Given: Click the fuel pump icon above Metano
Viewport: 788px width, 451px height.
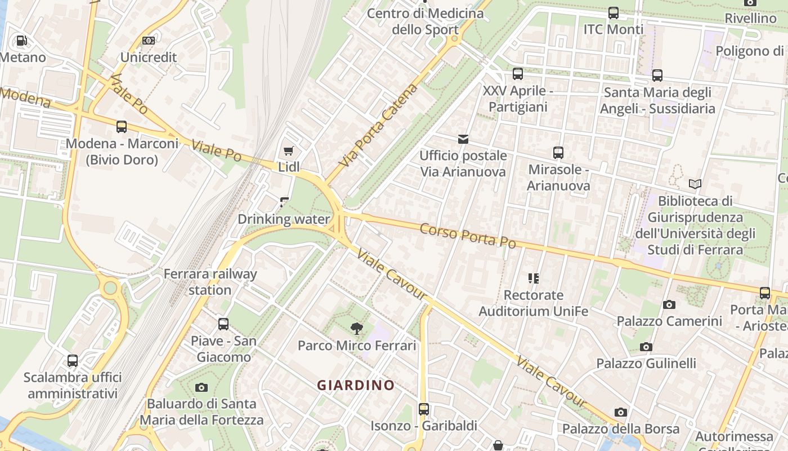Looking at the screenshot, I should point(21,41).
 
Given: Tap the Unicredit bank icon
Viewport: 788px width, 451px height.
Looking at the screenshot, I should point(149,41).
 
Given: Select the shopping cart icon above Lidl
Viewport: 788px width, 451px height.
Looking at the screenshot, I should point(288,151).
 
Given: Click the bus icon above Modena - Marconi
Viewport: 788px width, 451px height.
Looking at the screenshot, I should point(122,127).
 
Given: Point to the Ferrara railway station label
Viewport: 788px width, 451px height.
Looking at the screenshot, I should point(210,282).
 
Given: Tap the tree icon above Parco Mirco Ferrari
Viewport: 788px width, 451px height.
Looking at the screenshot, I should point(356,329).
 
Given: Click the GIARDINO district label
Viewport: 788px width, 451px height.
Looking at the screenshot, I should point(356,386).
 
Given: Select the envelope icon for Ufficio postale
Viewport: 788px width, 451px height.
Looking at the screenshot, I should point(463,139).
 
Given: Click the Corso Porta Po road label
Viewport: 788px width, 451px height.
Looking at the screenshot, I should point(468,235).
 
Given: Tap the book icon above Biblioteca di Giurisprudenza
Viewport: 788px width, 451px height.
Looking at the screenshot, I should point(695,184).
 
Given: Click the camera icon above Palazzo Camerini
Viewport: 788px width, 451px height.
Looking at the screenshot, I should point(669,304).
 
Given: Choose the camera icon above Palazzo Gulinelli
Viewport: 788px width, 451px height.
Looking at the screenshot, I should point(646,347).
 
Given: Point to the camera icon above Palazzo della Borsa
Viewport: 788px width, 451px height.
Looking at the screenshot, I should point(621,412).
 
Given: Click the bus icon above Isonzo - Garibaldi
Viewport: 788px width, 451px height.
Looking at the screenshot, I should point(424,409).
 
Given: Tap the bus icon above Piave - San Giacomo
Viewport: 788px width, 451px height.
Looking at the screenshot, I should point(223,324).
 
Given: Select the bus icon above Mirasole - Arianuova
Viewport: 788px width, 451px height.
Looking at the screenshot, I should point(558,153).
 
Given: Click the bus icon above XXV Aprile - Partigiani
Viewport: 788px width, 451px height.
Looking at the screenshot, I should point(517,74).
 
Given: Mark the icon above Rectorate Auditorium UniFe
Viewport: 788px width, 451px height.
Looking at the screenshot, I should point(533,278).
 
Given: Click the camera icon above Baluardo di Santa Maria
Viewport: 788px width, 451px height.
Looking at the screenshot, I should point(201,387).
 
